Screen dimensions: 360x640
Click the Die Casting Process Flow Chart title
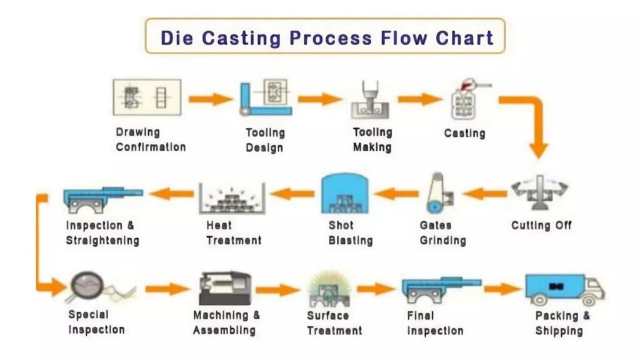point(326,37)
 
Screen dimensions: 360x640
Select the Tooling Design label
point(265,140)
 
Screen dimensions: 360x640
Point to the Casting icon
point(465,100)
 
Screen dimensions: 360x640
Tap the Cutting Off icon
point(540,192)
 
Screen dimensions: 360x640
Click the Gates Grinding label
point(442,232)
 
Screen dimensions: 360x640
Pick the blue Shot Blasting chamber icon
point(344,194)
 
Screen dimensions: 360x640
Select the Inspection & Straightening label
point(102,232)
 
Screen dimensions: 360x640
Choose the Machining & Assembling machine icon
point(225,288)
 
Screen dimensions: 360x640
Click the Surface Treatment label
point(334,322)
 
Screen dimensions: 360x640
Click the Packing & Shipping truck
point(562,289)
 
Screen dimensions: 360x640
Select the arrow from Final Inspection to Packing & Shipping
point(501,289)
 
